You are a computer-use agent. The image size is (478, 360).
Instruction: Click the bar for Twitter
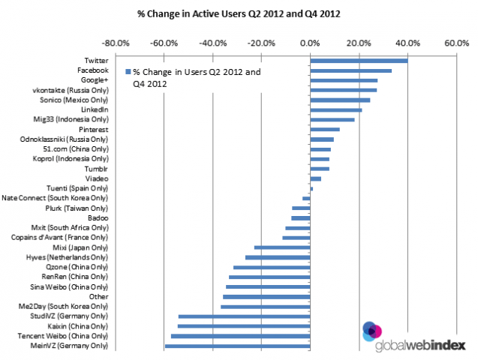pos(359,61)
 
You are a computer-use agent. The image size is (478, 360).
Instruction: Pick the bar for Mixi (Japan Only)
pos(282,247)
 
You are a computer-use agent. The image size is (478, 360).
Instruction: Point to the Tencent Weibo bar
pos(240,336)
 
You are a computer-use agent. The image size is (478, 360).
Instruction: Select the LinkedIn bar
pos(335,109)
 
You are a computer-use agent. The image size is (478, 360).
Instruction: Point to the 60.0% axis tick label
pos(457,43)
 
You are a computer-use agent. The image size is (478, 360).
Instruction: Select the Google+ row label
pos(94,80)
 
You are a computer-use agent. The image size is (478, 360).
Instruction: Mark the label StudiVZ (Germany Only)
pos(75,316)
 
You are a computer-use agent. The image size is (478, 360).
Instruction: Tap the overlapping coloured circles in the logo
pos(372,331)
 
